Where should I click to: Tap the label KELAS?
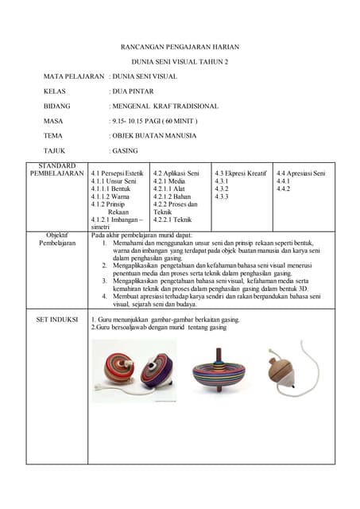point(55,91)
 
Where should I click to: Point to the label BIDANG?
point(57,106)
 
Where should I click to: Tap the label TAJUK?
point(55,150)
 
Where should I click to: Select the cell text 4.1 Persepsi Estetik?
point(117,173)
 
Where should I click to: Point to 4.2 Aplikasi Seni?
point(176,173)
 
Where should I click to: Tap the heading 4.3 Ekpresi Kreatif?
point(240,173)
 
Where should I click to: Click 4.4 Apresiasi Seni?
point(301,173)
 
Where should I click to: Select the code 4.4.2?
point(284,189)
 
